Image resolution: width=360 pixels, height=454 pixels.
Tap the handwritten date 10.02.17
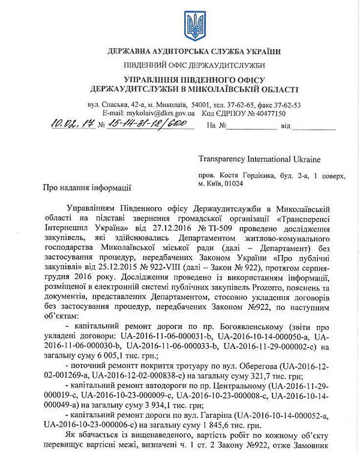[74, 125]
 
